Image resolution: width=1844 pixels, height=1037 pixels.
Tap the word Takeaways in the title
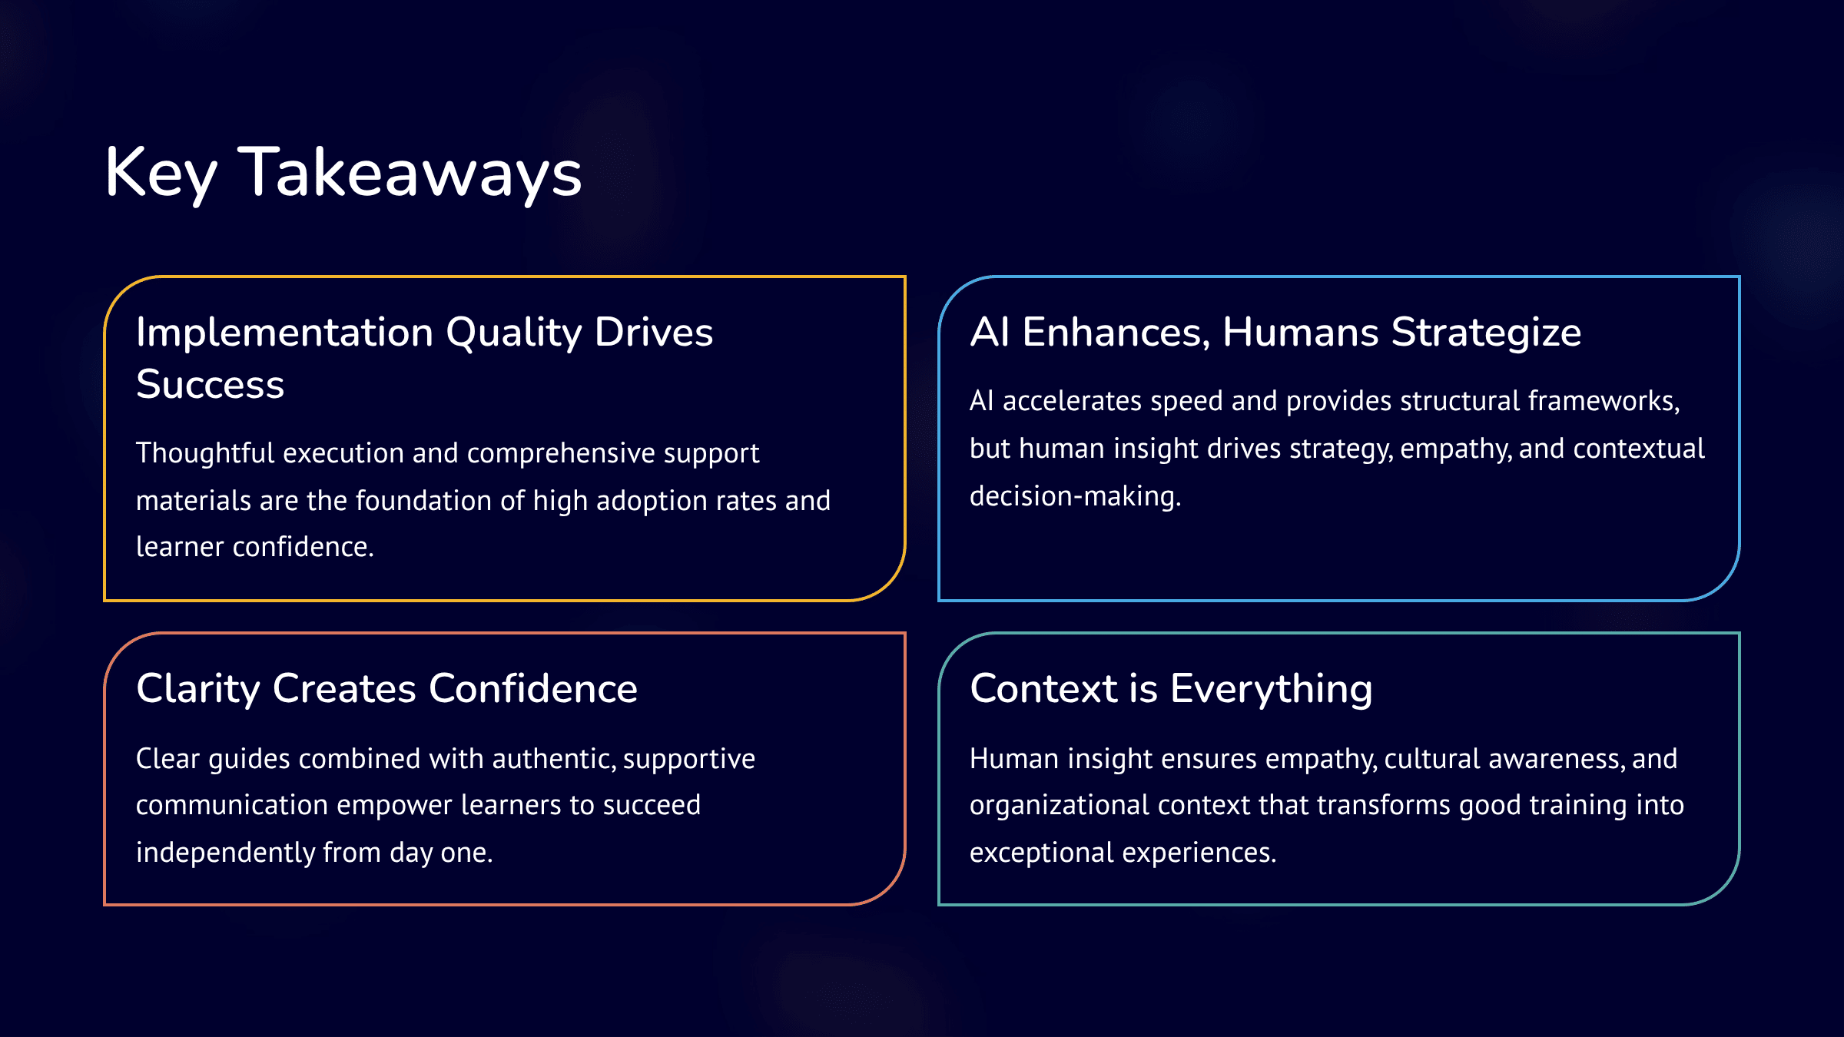point(410,173)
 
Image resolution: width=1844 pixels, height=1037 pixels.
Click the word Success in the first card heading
point(210,384)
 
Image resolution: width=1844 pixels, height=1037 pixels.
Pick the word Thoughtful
point(205,453)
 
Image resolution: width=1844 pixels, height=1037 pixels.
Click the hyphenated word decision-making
point(1075,497)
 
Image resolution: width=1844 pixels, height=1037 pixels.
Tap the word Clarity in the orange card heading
point(198,689)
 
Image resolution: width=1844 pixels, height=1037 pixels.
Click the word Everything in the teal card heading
point(1271,689)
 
